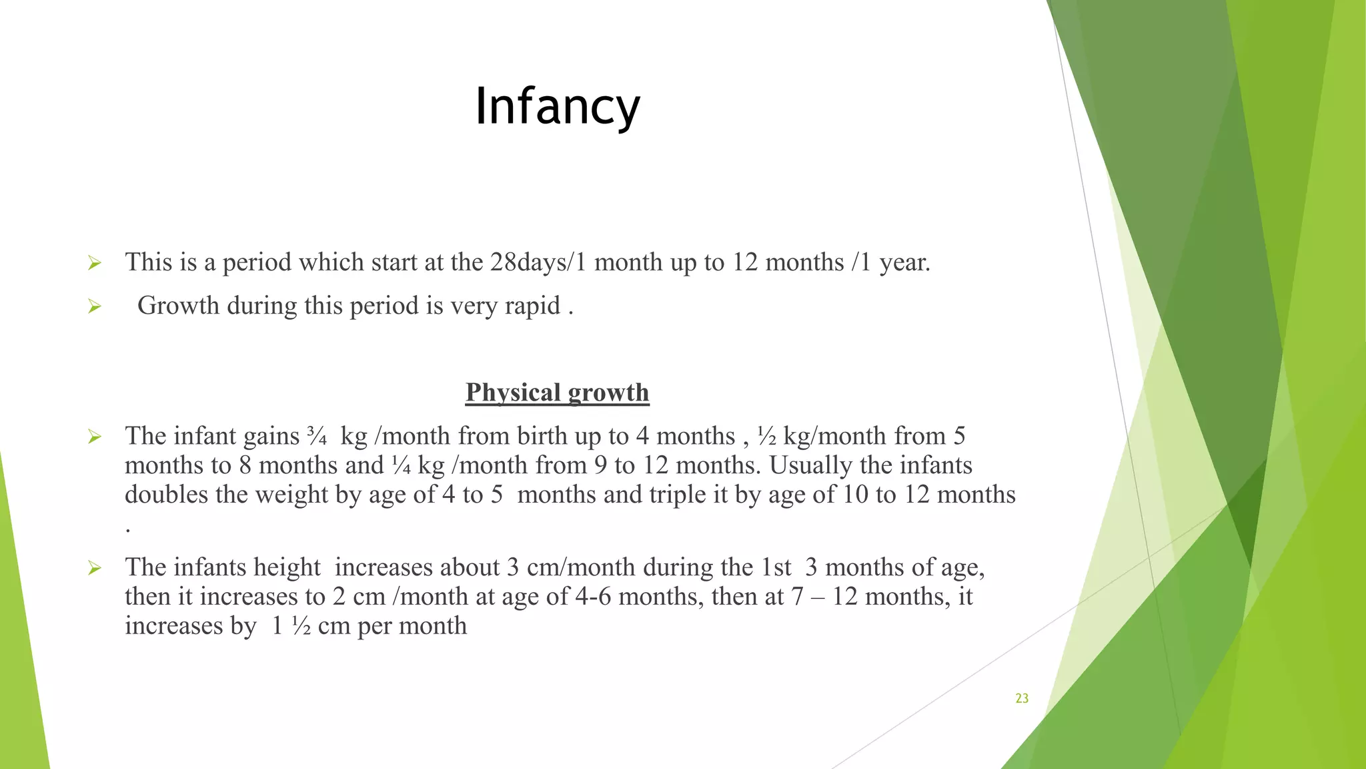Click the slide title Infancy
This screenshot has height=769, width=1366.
point(557,107)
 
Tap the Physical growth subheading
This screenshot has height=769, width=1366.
point(557,393)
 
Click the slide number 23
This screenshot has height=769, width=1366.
point(1022,698)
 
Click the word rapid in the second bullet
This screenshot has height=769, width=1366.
point(532,306)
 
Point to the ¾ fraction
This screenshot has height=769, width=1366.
point(317,436)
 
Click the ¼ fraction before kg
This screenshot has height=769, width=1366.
point(401,465)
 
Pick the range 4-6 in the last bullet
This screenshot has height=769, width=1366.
point(593,597)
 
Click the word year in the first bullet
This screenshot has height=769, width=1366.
point(903,262)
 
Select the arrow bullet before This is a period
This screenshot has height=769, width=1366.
point(94,264)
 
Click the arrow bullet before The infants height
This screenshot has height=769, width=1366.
point(94,569)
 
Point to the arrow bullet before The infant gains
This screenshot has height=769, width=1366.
point(94,437)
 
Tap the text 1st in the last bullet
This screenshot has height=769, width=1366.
point(776,567)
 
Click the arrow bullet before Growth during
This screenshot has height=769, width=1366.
point(94,307)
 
